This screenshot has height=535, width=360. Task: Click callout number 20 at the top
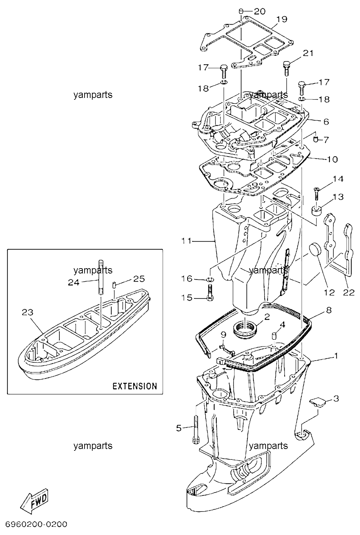click(x=260, y=11)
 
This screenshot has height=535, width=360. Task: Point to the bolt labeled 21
click(x=286, y=68)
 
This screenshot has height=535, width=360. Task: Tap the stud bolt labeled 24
click(x=100, y=277)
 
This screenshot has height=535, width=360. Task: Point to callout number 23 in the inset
click(x=28, y=312)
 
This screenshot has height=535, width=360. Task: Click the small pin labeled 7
click(x=315, y=139)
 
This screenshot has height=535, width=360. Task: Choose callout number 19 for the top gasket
click(x=282, y=19)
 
